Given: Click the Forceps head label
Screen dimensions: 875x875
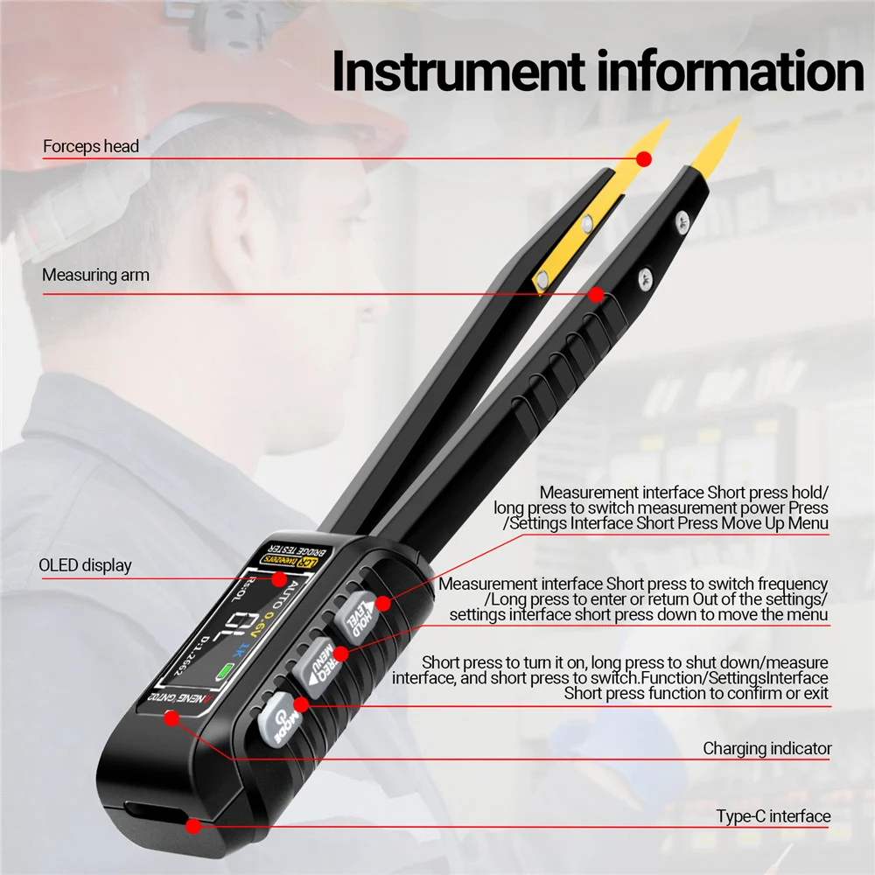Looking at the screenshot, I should point(91,146).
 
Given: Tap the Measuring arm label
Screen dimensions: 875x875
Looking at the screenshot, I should point(95,275).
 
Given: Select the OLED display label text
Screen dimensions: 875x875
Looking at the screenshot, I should point(85,565).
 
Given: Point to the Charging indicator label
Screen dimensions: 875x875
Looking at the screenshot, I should point(766,748).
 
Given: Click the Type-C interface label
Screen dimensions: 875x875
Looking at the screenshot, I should point(773,816).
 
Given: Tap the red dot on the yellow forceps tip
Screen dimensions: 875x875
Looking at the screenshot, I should point(644,158).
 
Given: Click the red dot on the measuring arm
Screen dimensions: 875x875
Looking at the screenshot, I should point(596,295).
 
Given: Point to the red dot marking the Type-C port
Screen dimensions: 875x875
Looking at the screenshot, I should point(193,824).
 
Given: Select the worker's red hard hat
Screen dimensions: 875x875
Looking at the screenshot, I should point(175,70).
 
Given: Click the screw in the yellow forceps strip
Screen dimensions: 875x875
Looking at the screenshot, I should point(543,279).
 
